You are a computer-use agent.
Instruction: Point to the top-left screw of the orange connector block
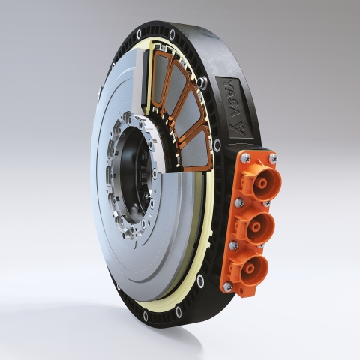[245, 157]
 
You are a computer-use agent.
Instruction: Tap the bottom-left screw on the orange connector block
[227, 286]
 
